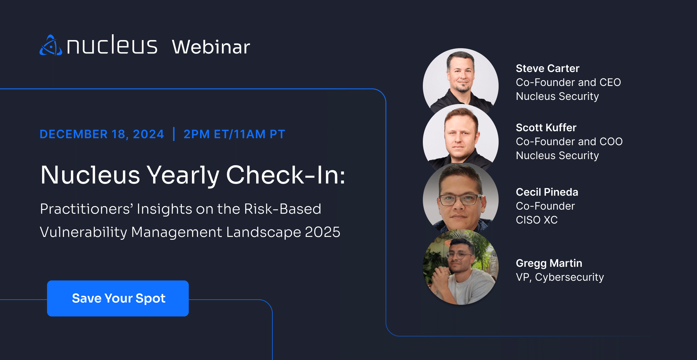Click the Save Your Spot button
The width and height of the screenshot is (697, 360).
[x=118, y=298]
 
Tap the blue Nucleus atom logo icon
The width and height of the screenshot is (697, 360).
[x=51, y=46]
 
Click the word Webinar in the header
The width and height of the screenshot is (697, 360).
[x=211, y=47]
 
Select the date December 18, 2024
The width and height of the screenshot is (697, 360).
[x=102, y=134]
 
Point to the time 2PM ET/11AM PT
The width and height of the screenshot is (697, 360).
[x=234, y=134]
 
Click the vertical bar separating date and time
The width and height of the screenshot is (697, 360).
[x=174, y=134]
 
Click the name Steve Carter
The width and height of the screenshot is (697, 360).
[x=547, y=69]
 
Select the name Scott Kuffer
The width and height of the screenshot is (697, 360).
[x=546, y=128]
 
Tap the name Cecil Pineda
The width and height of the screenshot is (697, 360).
[x=547, y=192]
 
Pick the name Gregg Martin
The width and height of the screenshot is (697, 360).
[x=549, y=263]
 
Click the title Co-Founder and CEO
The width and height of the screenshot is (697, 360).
[x=568, y=82]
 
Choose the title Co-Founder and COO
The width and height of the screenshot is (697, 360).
[x=569, y=142]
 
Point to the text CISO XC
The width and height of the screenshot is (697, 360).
[x=537, y=220]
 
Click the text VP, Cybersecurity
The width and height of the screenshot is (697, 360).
[x=560, y=277]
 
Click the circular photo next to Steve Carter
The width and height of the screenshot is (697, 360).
[x=461, y=81]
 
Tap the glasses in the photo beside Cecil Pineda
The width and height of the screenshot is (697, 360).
[x=459, y=200]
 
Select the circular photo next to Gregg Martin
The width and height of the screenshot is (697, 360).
[x=461, y=267]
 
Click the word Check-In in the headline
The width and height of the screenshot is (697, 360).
[x=285, y=175]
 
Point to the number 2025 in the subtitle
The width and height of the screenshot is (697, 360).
[x=322, y=232]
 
